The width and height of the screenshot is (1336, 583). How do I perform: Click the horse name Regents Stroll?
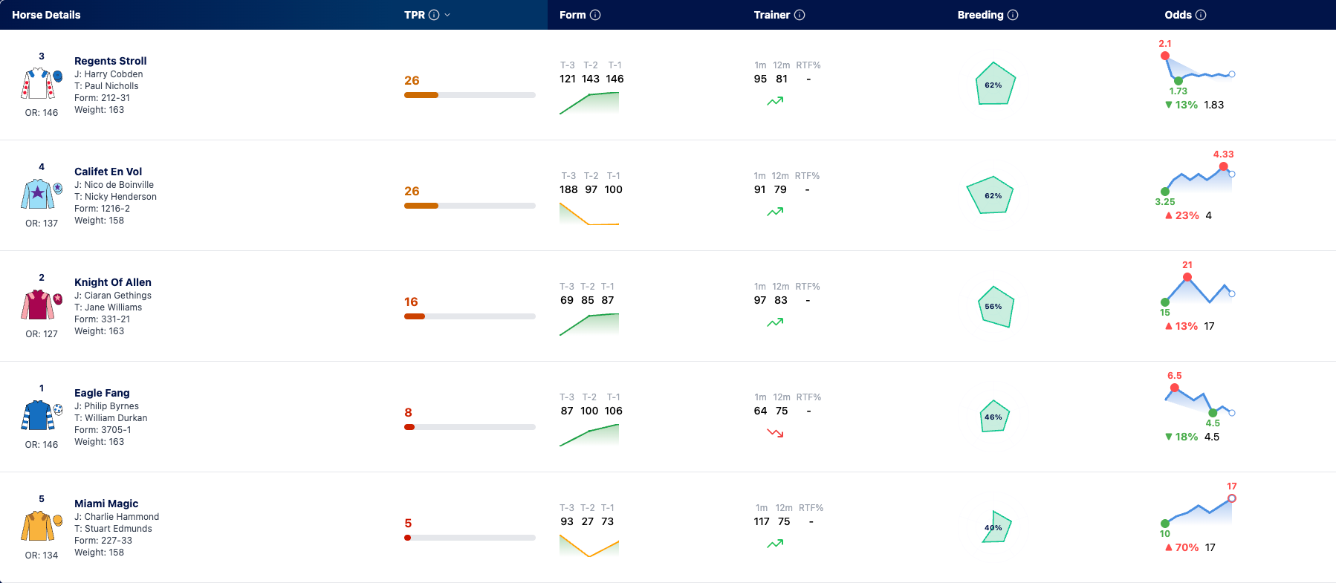[x=111, y=61]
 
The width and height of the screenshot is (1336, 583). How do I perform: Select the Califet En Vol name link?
[x=108, y=172]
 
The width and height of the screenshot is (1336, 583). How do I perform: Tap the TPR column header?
[x=415, y=15]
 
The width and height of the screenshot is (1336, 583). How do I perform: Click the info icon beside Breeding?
[x=1013, y=15]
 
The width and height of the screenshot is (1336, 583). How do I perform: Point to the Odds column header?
[x=1178, y=15]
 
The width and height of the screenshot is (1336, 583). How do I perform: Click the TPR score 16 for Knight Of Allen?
[x=411, y=302]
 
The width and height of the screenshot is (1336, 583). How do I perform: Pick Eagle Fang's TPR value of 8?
[x=408, y=412]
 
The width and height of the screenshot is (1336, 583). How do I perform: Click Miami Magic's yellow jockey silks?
[x=38, y=527]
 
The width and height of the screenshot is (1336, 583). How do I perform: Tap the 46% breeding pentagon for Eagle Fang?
[x=993, y=417]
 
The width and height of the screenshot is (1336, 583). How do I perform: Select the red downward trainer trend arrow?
[x=775, y=432]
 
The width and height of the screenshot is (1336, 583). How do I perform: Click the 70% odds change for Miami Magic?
[x=1187, y=547]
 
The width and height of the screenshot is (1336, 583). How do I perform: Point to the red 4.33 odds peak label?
[x=1223, y=154]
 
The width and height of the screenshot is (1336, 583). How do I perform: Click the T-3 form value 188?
[x=568, y=189]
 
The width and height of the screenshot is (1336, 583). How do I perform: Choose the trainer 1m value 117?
[x=762, y=521]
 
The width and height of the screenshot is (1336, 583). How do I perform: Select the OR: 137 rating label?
[x=42, y=224]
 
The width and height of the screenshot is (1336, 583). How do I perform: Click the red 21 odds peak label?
[x=1187, y=265]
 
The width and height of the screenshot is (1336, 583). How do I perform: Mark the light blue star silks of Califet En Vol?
[x=38, y=194]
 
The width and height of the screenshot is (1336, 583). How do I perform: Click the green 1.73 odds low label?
[x=1178, y=91]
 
